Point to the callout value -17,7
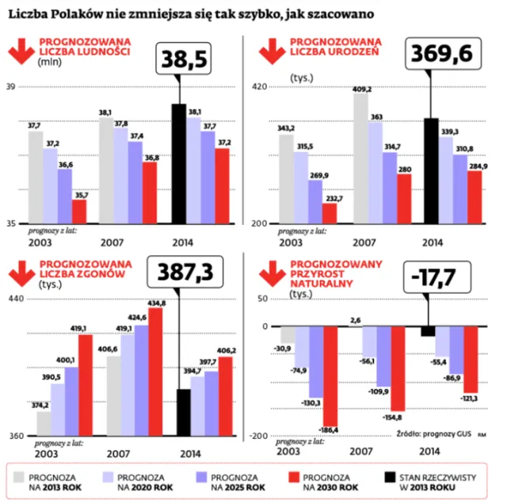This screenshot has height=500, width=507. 433,277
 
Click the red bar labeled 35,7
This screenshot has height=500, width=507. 79,211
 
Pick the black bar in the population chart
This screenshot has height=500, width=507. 179,162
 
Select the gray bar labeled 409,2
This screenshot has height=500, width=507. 360,158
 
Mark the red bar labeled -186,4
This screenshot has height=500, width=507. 330,376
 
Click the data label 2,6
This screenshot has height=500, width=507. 355,320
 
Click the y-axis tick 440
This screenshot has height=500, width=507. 15,299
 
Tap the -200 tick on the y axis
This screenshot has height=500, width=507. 257,435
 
